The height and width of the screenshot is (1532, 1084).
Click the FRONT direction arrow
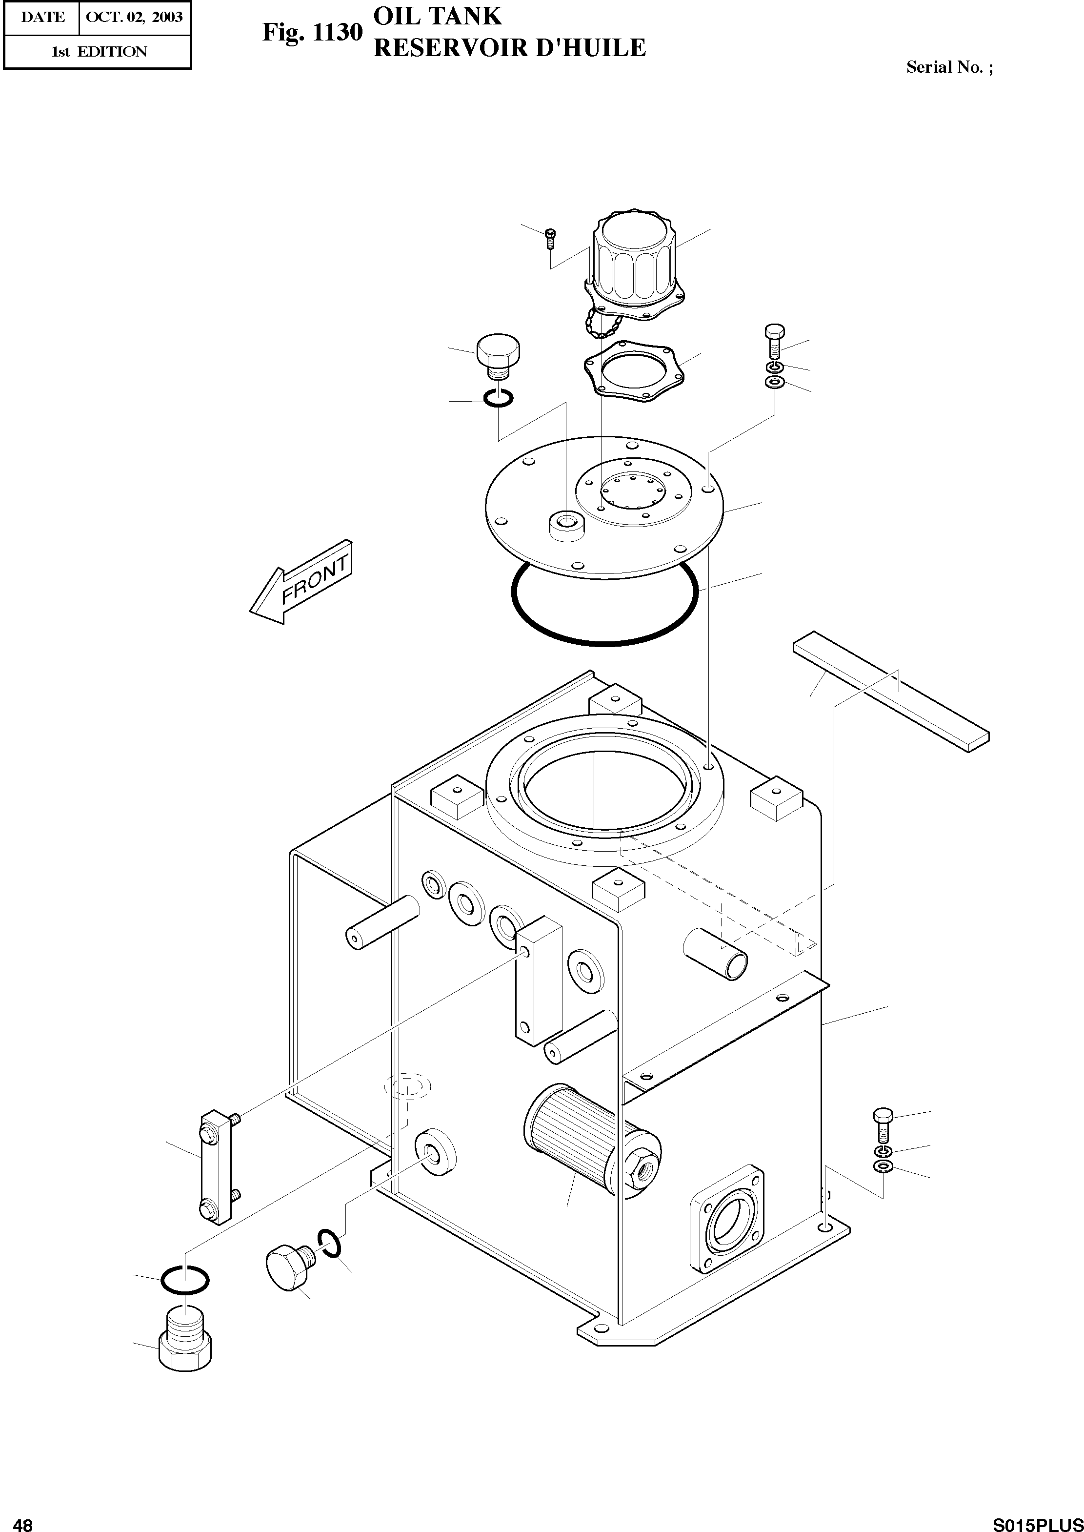tap(301, 582)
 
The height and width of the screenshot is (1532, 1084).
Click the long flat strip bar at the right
tap(891, 688)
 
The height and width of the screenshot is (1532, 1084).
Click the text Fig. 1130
tap(312, 32)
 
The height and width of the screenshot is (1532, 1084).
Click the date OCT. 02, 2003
tap(134, 17)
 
